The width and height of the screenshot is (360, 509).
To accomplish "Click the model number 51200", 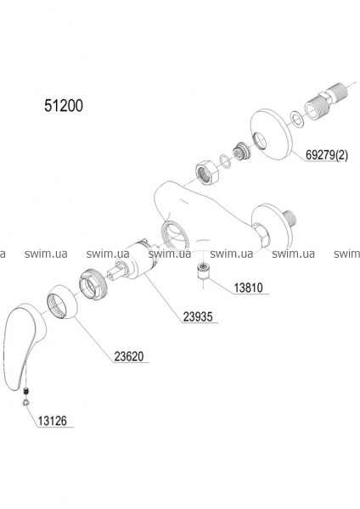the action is pyautogui.click(x=64, y=105).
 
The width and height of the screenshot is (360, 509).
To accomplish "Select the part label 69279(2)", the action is pyautogui.click(x=326, y=155).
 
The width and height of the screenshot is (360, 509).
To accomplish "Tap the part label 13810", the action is pyautogui.click(x=249, y=288).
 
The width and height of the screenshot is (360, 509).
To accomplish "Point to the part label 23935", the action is pyautogui.click(x=198, y=316).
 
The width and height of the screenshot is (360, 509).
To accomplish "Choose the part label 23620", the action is pyautogui.click(x=129, y=356).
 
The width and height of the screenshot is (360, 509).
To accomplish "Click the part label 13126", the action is pyautogui.click(x=52, y=421).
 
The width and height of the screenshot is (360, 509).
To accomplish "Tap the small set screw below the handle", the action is pyautogui.click(x=26, y=390).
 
